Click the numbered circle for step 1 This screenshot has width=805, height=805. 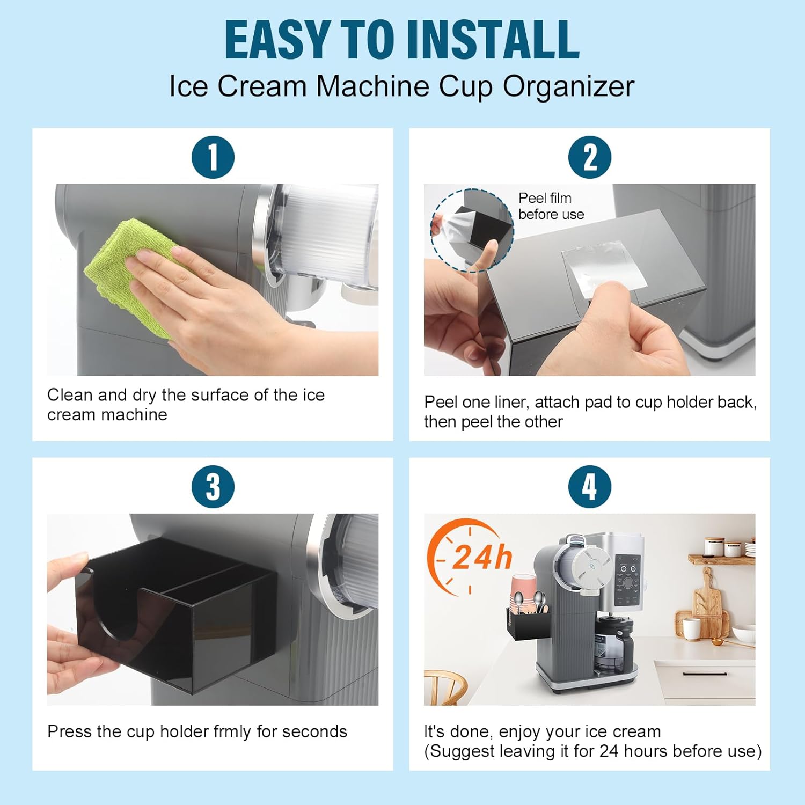(x=213, y=157)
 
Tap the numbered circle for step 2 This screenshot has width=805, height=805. (x=590, y=157)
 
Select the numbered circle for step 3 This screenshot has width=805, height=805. (x=213, y=487)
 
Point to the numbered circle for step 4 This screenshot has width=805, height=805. (x=590, y=487)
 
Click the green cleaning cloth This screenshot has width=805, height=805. (x=134, y=274)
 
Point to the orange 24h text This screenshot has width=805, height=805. (x=481, y=557)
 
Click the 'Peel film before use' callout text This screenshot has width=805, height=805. (x=551, y=206)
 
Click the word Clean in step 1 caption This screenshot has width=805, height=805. (x=70, y=395)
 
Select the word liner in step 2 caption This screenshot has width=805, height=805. (x=509, y=402)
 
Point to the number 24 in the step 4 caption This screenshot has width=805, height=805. (x=609, y=751)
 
